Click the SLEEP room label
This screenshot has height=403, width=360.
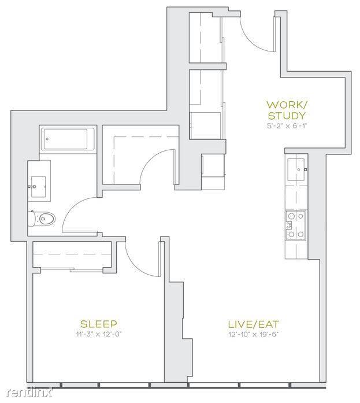click(x=99, y=324)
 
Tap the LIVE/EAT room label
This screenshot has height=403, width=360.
click(x=254, y=324)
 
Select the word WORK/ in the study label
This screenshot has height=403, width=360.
click(x=287, y=105)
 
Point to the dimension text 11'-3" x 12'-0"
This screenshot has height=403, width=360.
click(x=99, y=334)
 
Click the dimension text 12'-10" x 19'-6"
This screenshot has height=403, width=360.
click(x=254, y=334)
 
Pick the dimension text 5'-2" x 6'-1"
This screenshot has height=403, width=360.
click(x=287, y=125)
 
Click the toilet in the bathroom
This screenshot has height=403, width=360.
click(x=42, y=219)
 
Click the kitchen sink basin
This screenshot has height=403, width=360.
click(x=296, y=169)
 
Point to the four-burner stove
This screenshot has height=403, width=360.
click(x=296, y=225)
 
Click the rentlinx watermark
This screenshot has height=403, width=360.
click(x=29, y=392)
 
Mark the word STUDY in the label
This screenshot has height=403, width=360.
click(x=287, y=116)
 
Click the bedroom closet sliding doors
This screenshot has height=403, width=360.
click(x=72, y=269)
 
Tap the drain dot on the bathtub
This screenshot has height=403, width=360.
click(x=47, y=139)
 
